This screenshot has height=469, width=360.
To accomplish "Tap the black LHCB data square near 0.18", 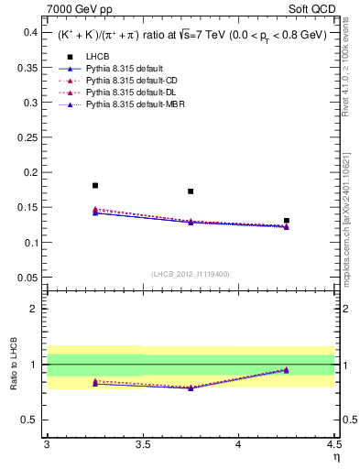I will (95, 186).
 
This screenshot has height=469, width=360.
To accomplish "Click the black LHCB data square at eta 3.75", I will (191, 191).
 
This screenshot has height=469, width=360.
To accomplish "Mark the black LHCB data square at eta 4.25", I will (287, 221).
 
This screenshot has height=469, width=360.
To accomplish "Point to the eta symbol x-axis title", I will (335, 456).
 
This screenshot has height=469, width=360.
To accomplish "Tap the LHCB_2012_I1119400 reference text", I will (191, 274).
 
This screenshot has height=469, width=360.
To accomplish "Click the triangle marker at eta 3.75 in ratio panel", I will (191, 387).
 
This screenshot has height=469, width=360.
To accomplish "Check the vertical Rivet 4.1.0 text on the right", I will (350, 73).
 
